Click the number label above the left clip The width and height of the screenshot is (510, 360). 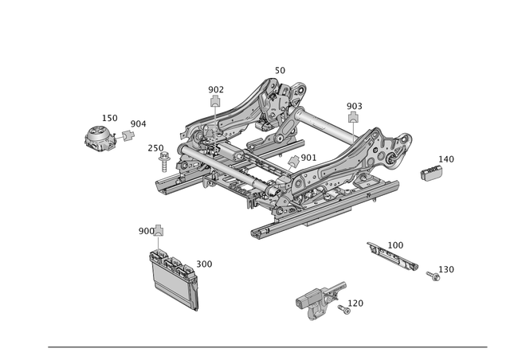pos(216,88)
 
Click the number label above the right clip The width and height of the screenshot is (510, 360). pos(355,105)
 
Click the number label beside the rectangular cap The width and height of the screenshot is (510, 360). pos(445,160)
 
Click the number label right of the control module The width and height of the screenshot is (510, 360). pos(205,262)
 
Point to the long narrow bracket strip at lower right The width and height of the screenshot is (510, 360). pos(393,255)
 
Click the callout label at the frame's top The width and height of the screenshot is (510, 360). pos(280,72)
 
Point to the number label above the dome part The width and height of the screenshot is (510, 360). pos(111,118)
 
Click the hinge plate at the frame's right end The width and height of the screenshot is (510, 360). pos(393,151)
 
